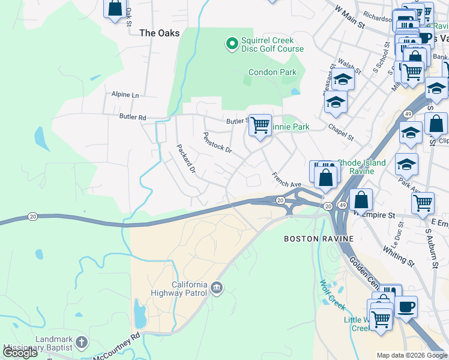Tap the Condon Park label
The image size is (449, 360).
273,73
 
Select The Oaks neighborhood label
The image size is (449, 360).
159,34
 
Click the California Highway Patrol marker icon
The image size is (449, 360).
217,290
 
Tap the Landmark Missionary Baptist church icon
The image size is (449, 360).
81,343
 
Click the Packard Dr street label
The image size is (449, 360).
185,159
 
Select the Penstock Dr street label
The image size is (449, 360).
217,143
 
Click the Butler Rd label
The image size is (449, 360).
133,118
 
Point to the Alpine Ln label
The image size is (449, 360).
125,95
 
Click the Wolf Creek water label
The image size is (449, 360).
332,295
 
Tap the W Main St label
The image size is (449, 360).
350,18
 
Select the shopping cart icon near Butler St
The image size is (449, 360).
260,125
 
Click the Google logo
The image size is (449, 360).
20,352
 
